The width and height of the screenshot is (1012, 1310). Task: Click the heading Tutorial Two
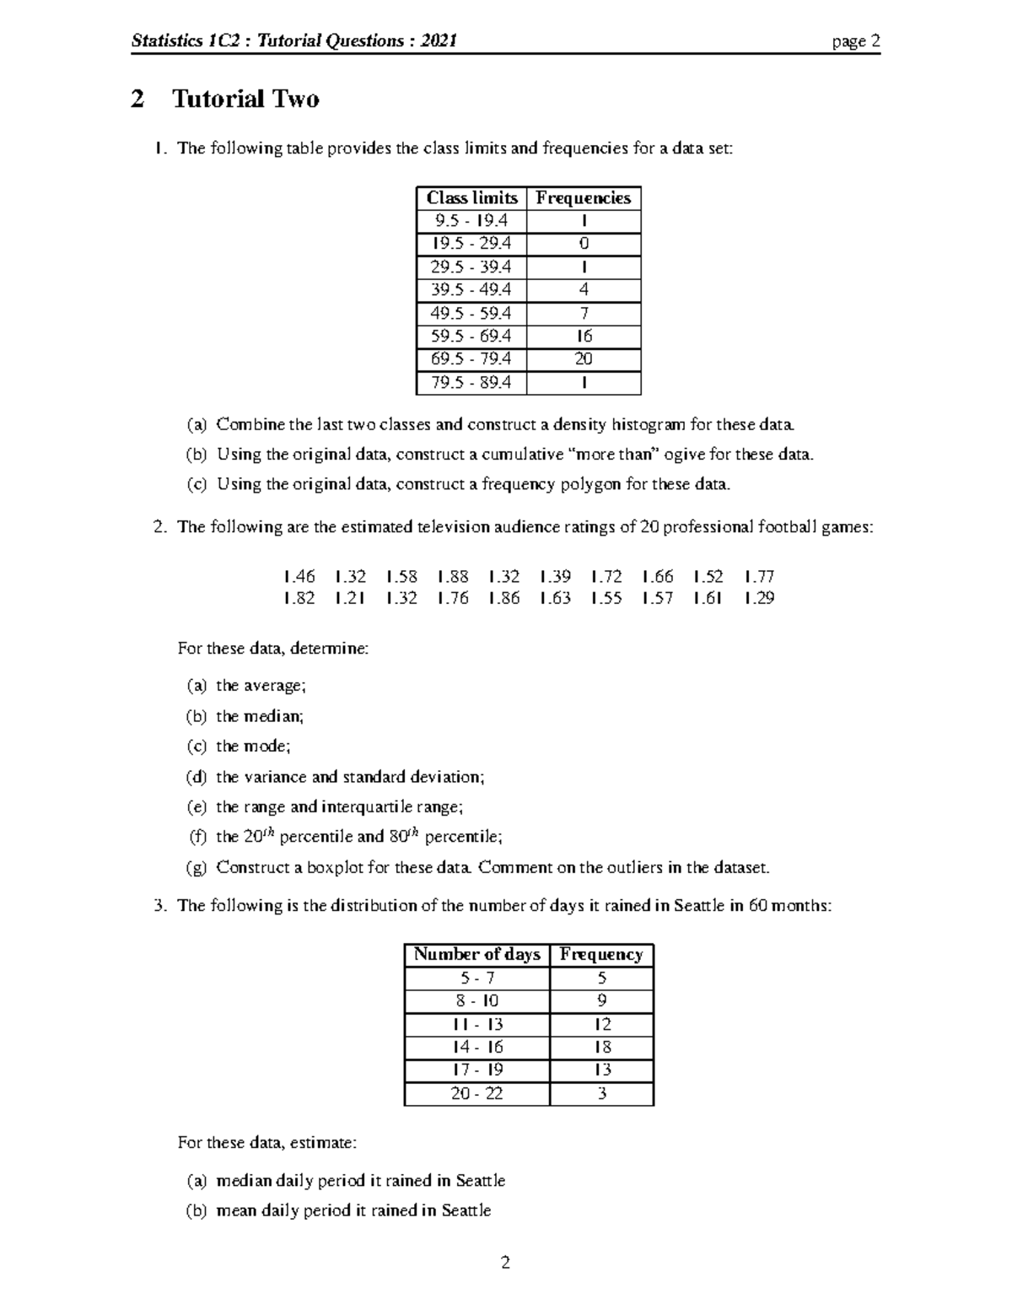(x=245, y=100)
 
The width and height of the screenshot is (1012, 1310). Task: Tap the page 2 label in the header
(x=856, y=41)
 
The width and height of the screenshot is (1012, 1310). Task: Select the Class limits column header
(x=471, y=198)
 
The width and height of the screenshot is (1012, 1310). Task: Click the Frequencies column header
(x=584, y=198)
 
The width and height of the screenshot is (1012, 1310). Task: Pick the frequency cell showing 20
(x=584, y=358)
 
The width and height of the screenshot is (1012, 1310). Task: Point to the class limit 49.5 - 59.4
(x=471, y=313)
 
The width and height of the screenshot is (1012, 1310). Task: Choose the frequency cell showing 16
(x=584, y=336)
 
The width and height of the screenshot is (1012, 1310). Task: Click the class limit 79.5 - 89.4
(x=471, y=382)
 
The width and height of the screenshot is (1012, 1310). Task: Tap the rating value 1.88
(x=453, y=577)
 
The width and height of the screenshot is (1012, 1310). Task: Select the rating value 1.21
(x=350, y=598)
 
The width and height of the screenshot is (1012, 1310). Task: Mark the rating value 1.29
(x=759, y=598)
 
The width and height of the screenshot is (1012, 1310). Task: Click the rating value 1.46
(x=299, y=577)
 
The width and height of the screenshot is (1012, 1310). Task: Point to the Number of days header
(x=476, y=955)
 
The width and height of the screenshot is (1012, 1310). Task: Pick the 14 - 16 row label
(x=477, y=1047)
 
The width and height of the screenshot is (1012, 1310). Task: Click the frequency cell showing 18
(x=602, y=1047)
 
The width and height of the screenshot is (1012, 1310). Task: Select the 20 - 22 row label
(x=477, y=1093)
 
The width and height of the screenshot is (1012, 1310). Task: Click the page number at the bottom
(x=506, y=1263)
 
